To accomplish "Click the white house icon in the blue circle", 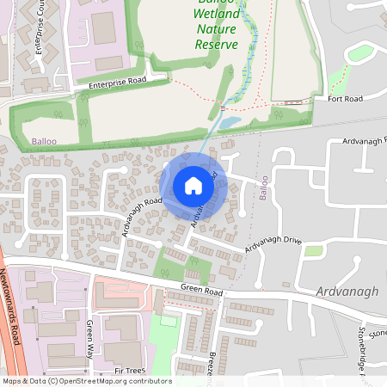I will [193, 186].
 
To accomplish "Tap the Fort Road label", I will [345, 99].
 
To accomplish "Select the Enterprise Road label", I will [117, 83].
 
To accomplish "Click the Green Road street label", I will [201, 292].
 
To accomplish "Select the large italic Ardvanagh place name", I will [347, 292].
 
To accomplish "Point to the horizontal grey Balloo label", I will [44, 139].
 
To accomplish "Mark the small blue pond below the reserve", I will [228, 123].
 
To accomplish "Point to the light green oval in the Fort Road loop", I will [360, 54].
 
